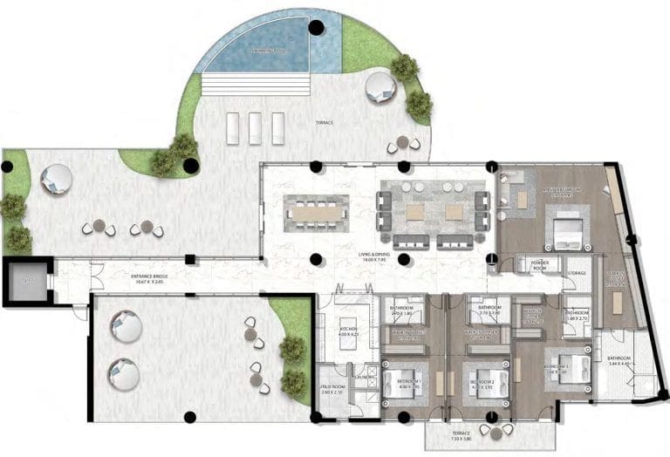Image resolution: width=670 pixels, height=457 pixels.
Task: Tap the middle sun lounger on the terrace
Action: point(255,128)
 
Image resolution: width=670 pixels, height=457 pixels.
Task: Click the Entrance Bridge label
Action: point(147,280)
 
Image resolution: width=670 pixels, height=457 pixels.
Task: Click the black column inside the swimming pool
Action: point(316,28)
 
